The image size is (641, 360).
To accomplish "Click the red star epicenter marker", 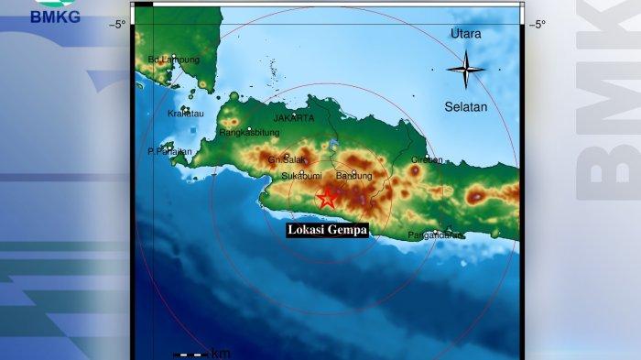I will [x=328, y=196].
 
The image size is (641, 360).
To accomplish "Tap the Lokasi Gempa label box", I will [x=327, y=230].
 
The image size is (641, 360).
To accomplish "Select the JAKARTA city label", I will [x=293, y=118].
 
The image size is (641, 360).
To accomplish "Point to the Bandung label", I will [x=354, y=175].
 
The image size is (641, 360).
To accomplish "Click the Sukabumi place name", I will [x=300, y=175].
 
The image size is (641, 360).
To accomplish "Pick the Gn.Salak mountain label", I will [x=286, y=159].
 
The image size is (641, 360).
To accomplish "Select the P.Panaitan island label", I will [x=169, y=151].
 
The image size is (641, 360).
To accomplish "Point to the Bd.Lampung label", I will [x=173, y=60].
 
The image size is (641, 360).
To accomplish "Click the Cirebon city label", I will [x=426, y=159].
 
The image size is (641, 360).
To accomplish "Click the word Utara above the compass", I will [x=466, y=34].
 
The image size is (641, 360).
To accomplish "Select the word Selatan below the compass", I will [x=466, y=106].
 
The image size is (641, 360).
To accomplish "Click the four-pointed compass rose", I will [x=466, y=69].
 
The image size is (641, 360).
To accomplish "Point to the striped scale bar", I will [x=190, y=354].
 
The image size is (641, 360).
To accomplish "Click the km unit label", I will [x=221, y=354].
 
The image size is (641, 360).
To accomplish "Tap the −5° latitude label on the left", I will [x=117, y=25].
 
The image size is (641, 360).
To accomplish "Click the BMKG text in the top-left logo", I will [x=55, y=16].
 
